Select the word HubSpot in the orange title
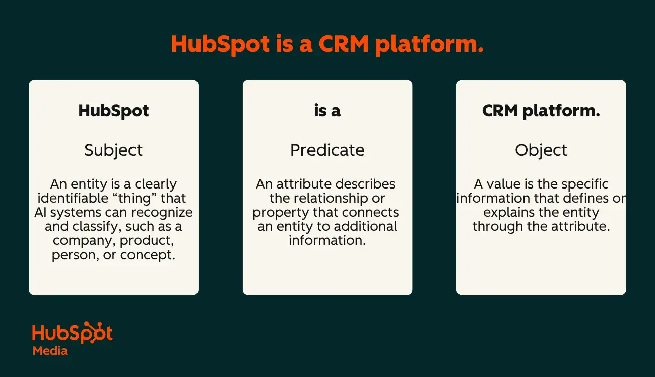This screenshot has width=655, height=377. click(x=220, y=44)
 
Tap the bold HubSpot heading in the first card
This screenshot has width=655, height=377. click(x=113, y=111)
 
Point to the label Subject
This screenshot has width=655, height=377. click(x=113, y=150)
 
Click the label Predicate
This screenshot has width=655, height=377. click(x=327, y=150)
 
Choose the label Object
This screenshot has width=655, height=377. click(x=541, y=150)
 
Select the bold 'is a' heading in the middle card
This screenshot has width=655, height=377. click(x=327, y=111)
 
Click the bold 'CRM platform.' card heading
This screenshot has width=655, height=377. click(x=541, y=111)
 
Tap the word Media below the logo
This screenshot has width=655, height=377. click(x=50, y=351)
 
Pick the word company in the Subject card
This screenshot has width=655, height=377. click(x=85, y=241)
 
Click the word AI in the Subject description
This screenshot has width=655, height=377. click(x=41, y=213)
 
